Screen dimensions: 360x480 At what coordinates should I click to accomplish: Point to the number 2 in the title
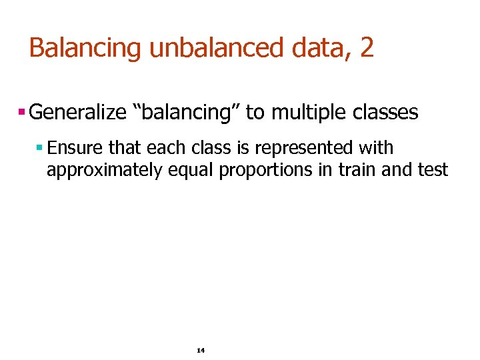[367, 49]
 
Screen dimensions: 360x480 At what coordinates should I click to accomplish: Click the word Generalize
[78, 113]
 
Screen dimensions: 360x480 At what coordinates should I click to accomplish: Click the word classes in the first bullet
[385, 113]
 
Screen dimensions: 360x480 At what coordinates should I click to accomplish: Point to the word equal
[191, 170]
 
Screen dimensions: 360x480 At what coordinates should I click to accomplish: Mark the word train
[357, 170]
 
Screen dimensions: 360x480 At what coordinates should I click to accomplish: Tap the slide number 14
[200, 350]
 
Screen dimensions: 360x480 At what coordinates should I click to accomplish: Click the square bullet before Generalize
[22, 112]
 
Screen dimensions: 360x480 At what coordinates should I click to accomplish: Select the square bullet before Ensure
[40, 147]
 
